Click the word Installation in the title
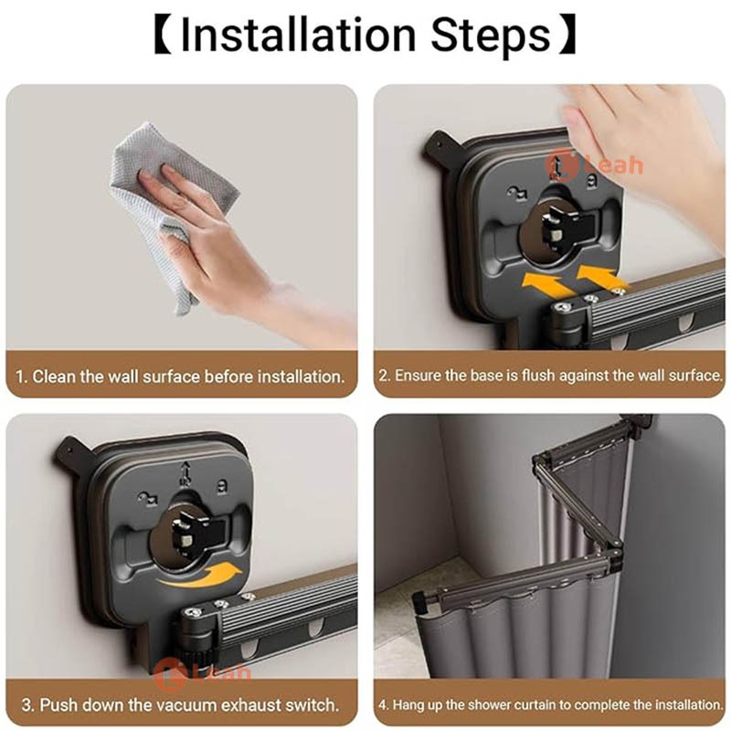pyautogui.click(x=298, y=36)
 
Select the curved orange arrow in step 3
pyautogui.click(x=199, y=575)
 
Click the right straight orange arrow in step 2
pyautogui.click(x=602, y=278)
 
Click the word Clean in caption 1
pyautogui.click(x=54, y=376)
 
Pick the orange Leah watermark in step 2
pyautogui.click(x=594, y=164)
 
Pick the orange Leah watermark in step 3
pyautogui.click(x=202, y=672)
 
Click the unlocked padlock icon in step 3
pyautogui.click(x=148, y=498)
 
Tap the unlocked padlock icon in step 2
pyautogui.click(x=517, y=192)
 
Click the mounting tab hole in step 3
pyautogui.click(x=70, y=450)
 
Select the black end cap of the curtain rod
pyautogui.click(x=421, y=601)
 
